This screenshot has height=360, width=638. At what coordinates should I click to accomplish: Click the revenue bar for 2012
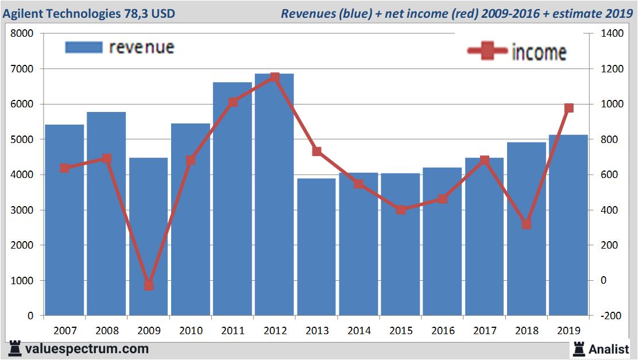coord(274,195)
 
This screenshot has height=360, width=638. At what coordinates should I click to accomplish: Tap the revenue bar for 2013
coord(316,247)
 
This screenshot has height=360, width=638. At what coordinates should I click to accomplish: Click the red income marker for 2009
coord(149,285)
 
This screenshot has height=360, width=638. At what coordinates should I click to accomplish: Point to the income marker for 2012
coord(274,77)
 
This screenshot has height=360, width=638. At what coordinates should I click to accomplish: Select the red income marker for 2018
coord(527,224)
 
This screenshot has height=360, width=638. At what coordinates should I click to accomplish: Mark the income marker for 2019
coord(569,108)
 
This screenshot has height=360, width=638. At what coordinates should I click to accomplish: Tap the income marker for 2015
coord(401,210)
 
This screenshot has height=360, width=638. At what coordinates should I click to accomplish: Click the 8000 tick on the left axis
coord(22,34)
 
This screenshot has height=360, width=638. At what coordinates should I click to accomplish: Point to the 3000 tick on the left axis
coord(22,210)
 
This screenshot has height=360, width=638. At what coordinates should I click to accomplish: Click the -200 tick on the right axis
coord(611,316)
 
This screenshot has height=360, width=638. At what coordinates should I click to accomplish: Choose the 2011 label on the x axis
coord(233,331)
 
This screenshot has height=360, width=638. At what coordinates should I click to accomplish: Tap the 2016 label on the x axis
coord(443,331)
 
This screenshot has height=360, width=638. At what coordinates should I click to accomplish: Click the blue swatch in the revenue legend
coord(84,47)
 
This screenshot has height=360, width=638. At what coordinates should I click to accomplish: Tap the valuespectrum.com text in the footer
coord(87,349)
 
